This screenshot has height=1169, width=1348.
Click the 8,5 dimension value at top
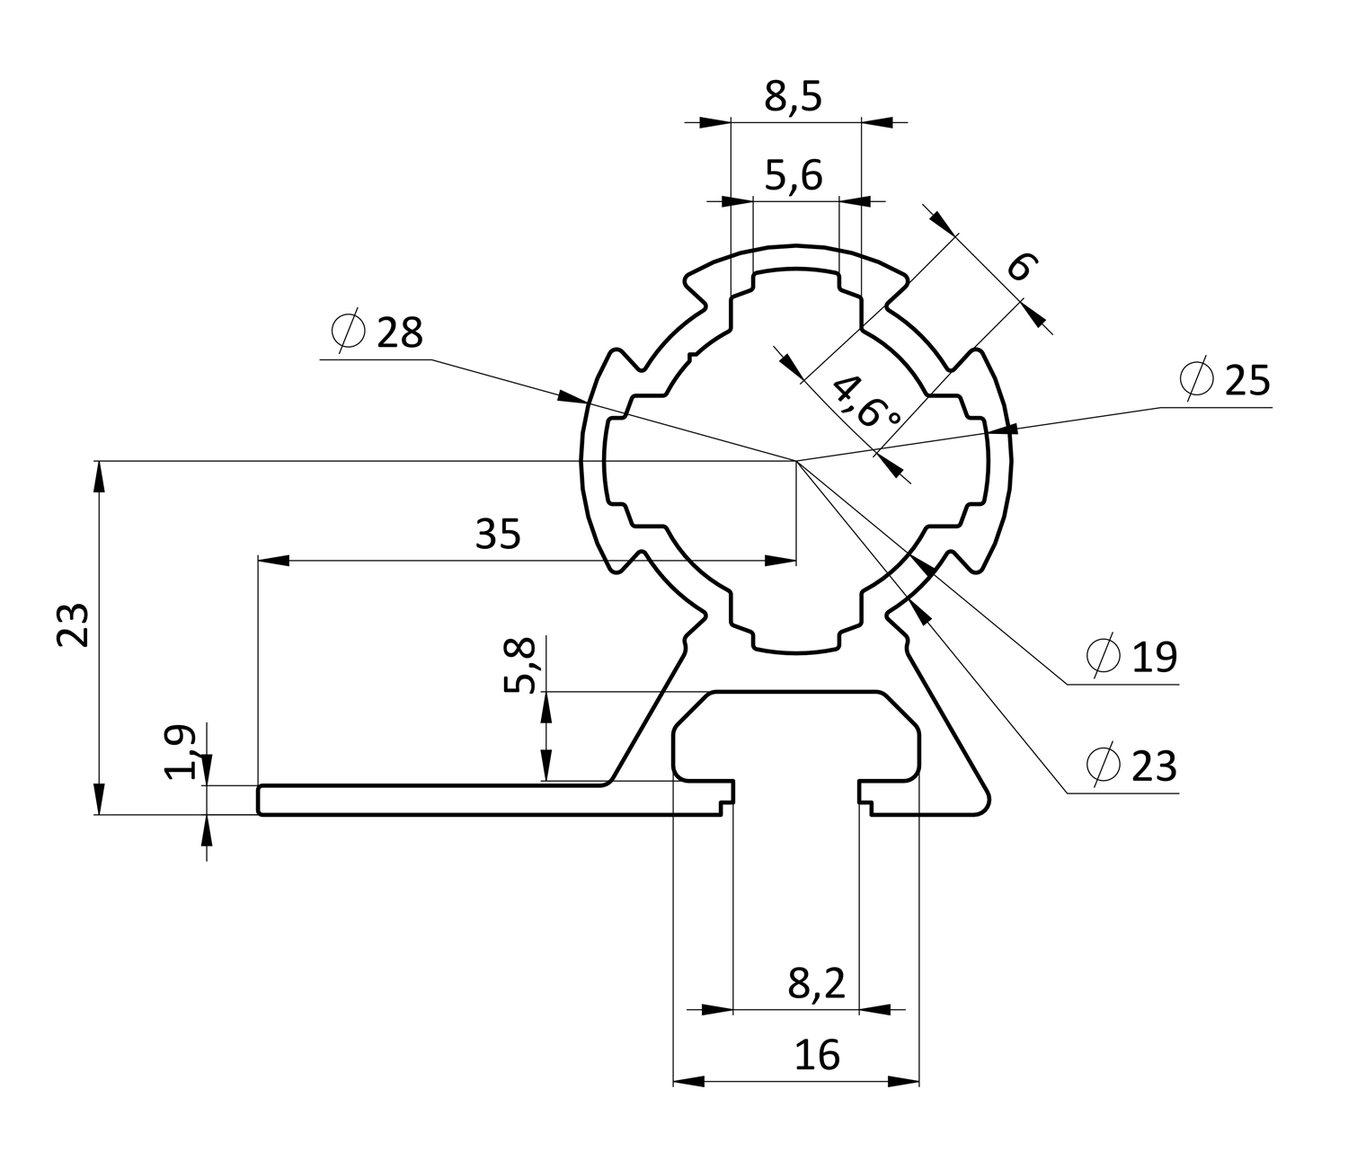click(x=794, y=96)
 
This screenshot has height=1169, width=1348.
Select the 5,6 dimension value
click(x=794, y=175)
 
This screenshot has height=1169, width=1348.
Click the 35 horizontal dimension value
click(x=498, y=536)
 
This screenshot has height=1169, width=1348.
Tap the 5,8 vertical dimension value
click(x=519, y=665)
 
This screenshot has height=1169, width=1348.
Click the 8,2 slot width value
click(x=817, y=985)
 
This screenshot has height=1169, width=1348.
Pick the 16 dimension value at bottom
click(x=817, y=1055)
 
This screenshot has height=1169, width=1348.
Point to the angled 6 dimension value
click(x=1022, y=267)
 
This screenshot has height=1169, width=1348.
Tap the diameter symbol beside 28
click(x=349, y=332)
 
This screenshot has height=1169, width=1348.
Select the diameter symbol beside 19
click(x=1103, y=657)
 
